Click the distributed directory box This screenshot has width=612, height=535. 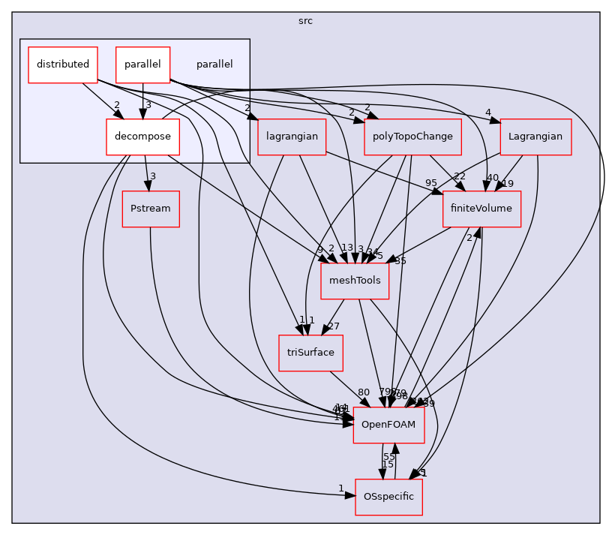tap(63, 65)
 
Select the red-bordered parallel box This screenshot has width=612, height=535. tap(142, 65)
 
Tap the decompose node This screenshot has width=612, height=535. tap(142, 137)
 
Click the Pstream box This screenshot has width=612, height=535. tap(151, 208)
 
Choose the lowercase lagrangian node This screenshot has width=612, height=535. tap(292, 137)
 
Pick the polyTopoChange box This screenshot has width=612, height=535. tap(412, 137)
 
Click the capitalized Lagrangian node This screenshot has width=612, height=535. tap(535, 137)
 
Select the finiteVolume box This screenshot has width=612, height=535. tap(481, 208)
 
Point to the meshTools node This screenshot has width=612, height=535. tap(355, 280)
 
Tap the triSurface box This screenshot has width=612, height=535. tap(310, 352)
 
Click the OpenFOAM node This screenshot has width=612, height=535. tap(388, 425)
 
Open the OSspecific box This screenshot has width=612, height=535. tap(388, 497)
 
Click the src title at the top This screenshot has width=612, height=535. tap(305, 21)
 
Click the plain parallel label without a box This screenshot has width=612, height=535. tap(214, 65)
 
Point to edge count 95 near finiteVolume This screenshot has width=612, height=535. tap(430, 183)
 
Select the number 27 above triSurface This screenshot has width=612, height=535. tap(334, 326)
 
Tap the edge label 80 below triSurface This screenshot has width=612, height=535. tap(364, 392)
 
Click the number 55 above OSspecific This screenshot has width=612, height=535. tap(389, 457)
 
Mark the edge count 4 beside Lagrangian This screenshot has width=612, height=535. tap(487, 113)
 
